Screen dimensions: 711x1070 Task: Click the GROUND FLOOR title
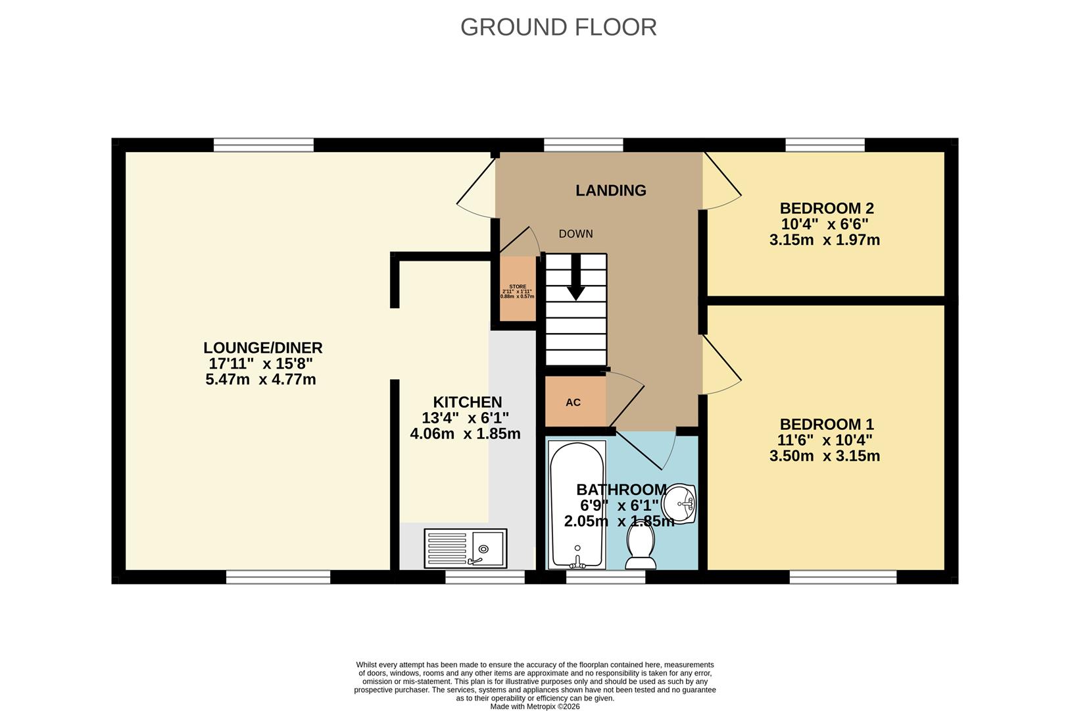(558, 28)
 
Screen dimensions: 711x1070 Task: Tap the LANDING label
(610, 190)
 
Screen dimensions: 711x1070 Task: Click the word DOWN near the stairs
(575, 234)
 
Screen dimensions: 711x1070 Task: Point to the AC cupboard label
(573, 402)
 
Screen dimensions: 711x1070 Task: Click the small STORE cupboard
(518, 290)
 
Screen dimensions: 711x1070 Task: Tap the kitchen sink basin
(485, 548)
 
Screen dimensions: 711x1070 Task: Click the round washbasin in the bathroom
(679, 505)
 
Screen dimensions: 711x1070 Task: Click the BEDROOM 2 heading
(826, 209)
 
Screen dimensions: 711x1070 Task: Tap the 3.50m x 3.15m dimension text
(824, 456)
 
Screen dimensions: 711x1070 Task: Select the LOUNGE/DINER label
(262, 348)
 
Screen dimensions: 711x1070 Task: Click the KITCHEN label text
(467, 402)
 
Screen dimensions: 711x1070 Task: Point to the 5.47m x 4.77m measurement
(260, 379)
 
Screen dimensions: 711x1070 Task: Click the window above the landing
(583, 145)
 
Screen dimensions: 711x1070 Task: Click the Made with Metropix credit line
(535, 706)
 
